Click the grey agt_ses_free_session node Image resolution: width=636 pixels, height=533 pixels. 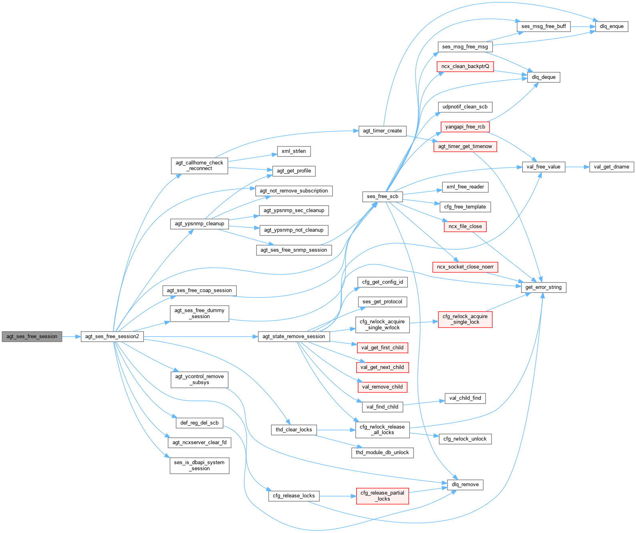[x=32, y=337]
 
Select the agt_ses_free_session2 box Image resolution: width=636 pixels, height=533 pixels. [x=112, y=337]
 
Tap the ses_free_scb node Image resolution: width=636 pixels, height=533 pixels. [x=383, y=196]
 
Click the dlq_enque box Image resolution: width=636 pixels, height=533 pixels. [x=612, y=26]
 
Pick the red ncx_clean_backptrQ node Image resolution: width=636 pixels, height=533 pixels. [x=465, y=66]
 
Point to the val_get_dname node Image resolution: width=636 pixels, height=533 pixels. [x=611, y=167]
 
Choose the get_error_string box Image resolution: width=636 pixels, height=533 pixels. [x=543, y=287]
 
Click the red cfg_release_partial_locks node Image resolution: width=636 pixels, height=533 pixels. [x=382, y=496]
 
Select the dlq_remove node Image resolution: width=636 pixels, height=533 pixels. [x=465, y=485]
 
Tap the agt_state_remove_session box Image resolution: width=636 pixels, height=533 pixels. [x=294, y=337]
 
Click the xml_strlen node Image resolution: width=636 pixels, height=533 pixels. [x=294, y=151]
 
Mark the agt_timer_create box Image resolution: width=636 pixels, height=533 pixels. [x=382, y=131]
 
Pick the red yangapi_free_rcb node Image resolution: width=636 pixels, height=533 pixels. [x=465, y=127]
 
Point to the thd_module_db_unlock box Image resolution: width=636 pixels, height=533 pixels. [x=382, y=453]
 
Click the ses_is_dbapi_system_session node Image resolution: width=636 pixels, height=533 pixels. [x=199, y=465]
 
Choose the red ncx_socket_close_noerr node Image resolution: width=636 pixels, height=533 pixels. [x=465, y=267]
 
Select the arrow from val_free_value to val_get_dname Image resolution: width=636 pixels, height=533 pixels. [x=577, y=167]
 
